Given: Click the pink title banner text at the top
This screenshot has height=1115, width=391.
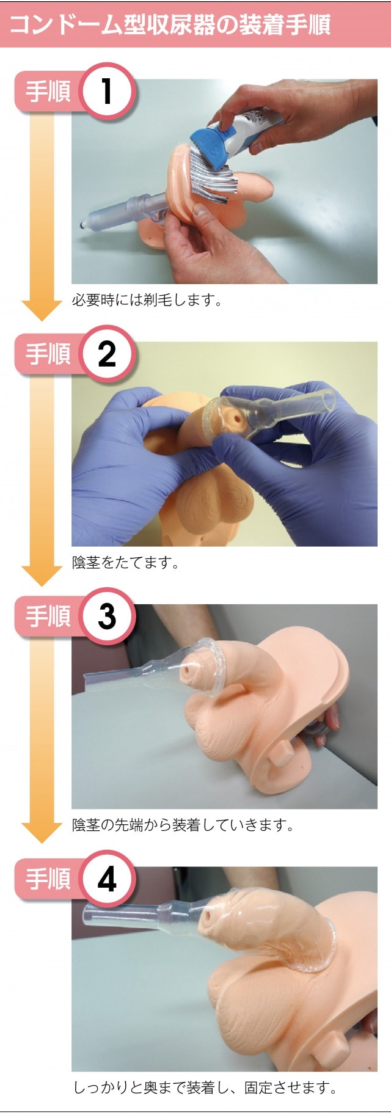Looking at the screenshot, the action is [x=170, y=24].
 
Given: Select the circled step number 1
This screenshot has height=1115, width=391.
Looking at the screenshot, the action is [x=107, y=91].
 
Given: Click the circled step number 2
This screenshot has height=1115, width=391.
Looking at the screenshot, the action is [x=107, y=354].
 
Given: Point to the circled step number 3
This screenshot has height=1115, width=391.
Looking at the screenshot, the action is [x=107, y=616].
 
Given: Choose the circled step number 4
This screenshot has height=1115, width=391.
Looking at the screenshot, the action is [x=107, y=879].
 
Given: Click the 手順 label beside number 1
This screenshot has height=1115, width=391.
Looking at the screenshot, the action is [x=48, y=92].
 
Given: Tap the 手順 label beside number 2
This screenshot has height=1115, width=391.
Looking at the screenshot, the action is [x=48, y=354].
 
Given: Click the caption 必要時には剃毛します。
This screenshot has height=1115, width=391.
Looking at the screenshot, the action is [x=147, y=300].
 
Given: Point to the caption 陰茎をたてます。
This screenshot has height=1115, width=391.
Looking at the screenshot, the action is [x=125, y=563].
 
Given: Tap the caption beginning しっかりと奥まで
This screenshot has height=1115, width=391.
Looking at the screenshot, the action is [x=205, y=1088].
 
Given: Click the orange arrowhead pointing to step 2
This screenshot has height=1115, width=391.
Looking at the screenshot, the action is [x=42, y=310].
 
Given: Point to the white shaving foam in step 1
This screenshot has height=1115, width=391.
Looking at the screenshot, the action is [x=211, y=174].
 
